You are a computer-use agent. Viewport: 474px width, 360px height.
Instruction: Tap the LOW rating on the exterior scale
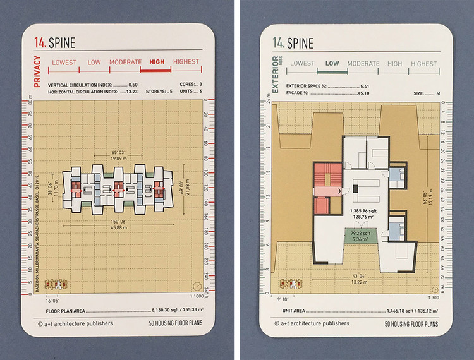pyautogui.click(x=331, y=63)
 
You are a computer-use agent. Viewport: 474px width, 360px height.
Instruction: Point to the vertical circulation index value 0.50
pyautogui.click(x=133, y=84)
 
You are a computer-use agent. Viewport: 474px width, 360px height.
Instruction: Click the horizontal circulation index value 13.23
pyautogui.click(x=133, y=92)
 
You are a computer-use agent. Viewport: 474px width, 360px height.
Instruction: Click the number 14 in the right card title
pyautogui.click(x=277, y=43)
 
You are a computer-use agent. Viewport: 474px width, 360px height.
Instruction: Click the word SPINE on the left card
pyautogui.click(x=61, y=43)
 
